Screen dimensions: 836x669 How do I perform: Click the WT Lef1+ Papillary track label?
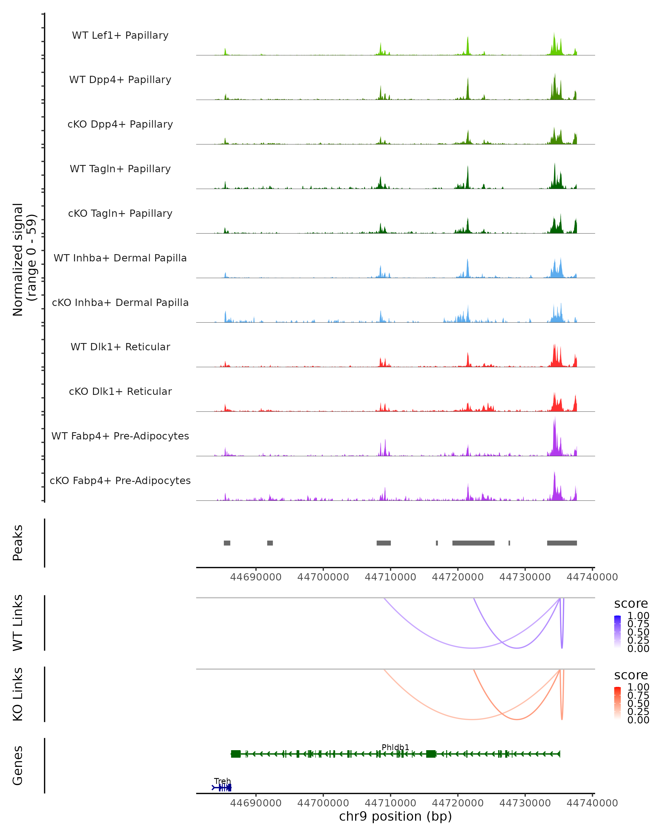(120, 35)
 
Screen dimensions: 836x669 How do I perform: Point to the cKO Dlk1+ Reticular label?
(120, 391)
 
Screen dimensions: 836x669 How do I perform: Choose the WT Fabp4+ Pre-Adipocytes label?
(120, 436)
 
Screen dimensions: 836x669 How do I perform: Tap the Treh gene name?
(222, 781)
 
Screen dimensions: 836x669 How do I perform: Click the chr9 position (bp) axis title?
(395, 816)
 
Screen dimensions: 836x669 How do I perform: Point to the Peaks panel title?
(18, 543)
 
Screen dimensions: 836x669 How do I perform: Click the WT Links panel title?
(18, 623)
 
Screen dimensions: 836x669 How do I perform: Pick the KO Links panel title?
(18, 694)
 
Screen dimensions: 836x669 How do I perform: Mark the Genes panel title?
(18, 765)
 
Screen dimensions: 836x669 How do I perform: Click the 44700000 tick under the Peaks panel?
(323, 577)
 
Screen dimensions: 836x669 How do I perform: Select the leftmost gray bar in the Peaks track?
(227, 543)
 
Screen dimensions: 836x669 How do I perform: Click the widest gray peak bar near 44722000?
(473, 543)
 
